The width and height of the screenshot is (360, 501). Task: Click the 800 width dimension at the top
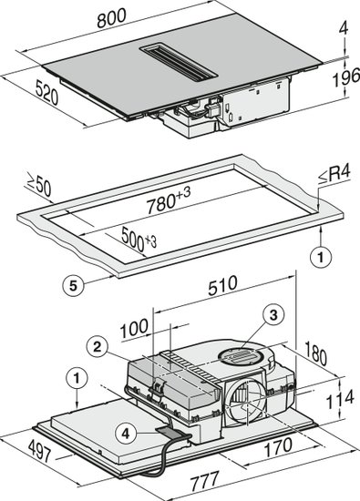pos(111,18)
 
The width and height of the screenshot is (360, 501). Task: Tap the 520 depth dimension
pos(46,92)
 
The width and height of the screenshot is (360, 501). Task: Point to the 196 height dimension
pos(346,78)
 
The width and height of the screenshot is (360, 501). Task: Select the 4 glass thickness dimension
pos(343,29)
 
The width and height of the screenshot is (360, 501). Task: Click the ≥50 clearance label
pos(38,185)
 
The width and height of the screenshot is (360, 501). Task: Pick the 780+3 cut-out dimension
pos(169,200)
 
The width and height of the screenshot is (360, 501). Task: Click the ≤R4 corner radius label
pos(334,175)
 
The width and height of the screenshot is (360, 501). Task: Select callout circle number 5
pos(74,285)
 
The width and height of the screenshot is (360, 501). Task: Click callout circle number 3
pos(273,315)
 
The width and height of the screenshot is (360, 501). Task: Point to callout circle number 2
pos(98,347)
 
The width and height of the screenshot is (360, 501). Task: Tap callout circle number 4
pos(126,434)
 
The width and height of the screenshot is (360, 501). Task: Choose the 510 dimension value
pos(222,286)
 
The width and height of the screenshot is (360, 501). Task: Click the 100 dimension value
pos(134,328)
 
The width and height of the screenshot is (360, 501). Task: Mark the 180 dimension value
pos(315,353)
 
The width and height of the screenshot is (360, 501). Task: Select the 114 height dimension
pos(340,399)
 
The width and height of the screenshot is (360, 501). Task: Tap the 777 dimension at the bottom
pos(205,481)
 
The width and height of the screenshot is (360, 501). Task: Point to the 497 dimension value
pos(39,451)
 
